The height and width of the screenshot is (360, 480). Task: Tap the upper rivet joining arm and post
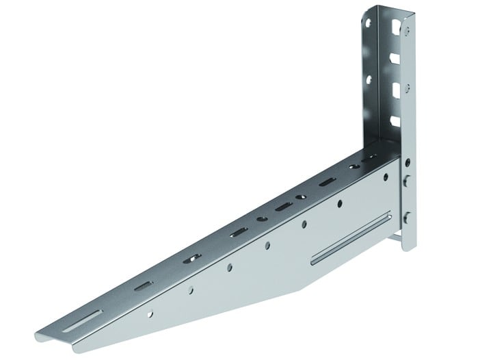[x=408, y=181]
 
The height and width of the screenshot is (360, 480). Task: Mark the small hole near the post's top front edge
[x=408, y=31]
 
